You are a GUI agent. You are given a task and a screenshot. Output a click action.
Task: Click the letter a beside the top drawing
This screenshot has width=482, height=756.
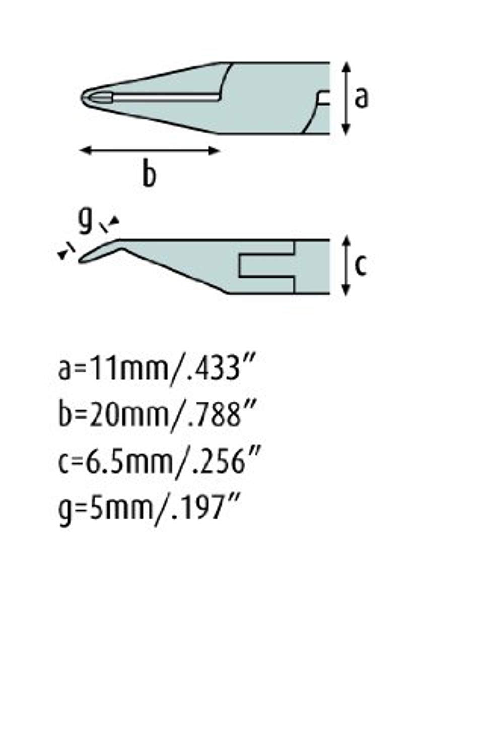[x=361, y=98]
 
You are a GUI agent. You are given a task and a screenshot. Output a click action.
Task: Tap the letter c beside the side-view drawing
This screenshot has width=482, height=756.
[x=360, y=266]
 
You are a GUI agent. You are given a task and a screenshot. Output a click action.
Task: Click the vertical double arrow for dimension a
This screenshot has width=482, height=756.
[x=346, y=98]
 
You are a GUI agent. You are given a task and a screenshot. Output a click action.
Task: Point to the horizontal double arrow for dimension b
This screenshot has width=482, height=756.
[x=150, y=150]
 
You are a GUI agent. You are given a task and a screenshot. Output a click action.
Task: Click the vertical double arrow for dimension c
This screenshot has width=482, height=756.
[x=346, y=266]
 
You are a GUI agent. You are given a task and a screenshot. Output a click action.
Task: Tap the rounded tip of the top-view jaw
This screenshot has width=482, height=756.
[x=86, y=97]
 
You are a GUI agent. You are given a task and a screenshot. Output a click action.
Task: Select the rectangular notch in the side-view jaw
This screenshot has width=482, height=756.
[x=266, y=266]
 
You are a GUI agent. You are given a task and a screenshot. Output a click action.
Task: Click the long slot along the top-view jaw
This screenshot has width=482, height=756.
[x=166, y=97]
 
